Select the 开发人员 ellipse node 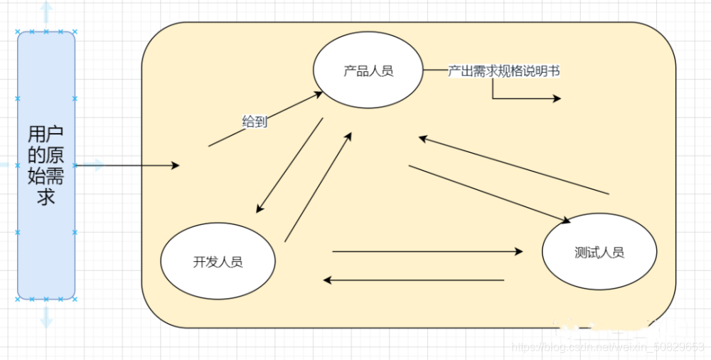218,261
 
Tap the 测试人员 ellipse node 599,252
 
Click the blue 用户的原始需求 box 46,165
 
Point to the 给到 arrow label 255,122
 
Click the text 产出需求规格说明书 503,71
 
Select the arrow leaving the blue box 128,166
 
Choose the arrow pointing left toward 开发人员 414,280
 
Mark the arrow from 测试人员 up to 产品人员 513,165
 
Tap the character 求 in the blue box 46,196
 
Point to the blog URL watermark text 607,347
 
